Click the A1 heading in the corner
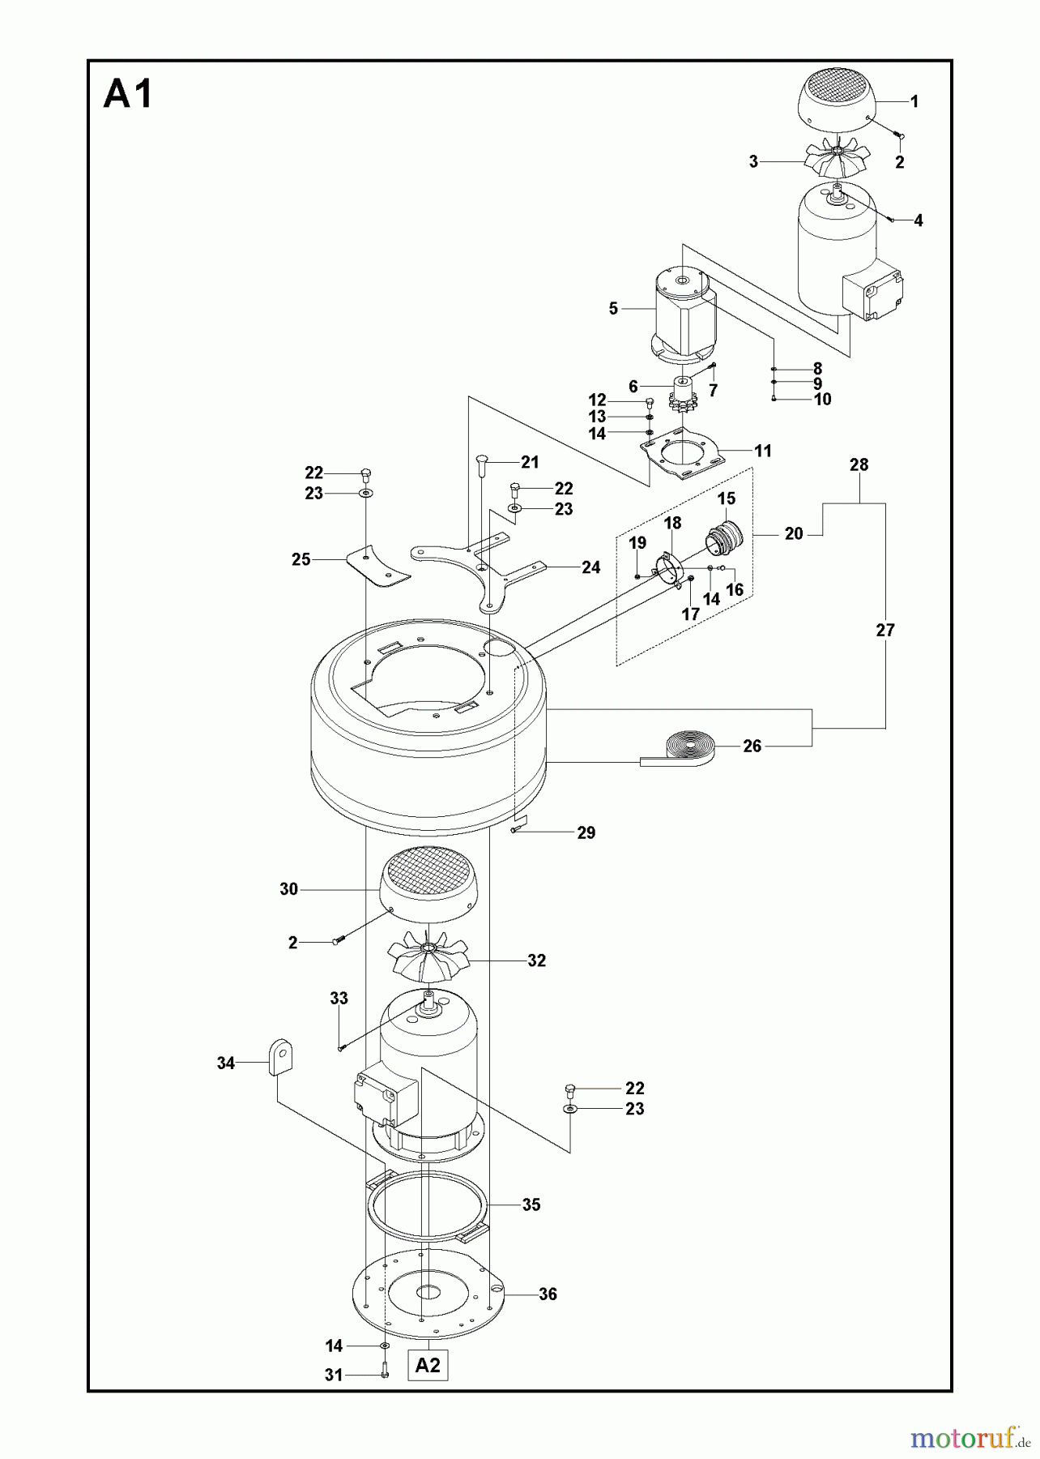pos(128,96)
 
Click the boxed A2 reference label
pos(428,1365)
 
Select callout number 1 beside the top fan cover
pos(914,101)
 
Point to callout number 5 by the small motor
pos(613,309)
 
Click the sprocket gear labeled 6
pos(683,398)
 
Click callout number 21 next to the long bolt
pos(530,462)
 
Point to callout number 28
pos(859,465)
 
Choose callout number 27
pos(885,630)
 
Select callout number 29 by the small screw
pos(586,832)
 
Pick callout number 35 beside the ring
pos(531,1204)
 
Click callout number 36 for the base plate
pos(548,1294)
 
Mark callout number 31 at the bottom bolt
pos(334,1375)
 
